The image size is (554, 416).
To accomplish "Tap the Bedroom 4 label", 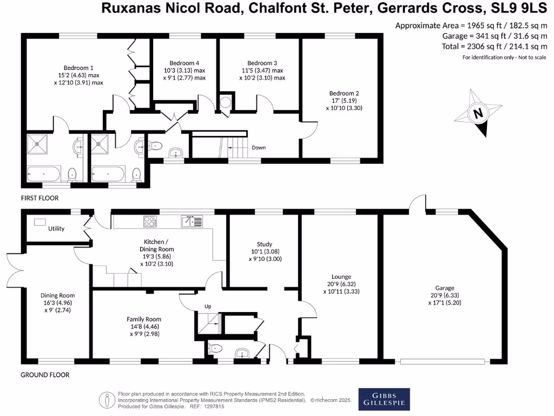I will pyautogui.click(x=184, y=63).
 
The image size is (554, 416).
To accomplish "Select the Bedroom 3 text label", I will pyautogui.click(x=262, y=63).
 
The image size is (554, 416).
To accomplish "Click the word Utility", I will pyautogui.click(x=56, y=229).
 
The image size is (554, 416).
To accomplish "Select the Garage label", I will pyautogui.click(x=445, y=288).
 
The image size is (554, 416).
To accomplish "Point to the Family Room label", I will pyautogui.click(x=144, y=319).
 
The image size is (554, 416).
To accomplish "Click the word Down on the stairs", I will pyautogui.click(x=259, y=147).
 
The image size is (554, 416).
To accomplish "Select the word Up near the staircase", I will pyautogui.click(x=207, y=306).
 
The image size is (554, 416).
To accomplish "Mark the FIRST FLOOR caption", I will pyautogui.click(x=39, y=198).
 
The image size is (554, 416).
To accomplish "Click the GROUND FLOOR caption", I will pyautogui.click(x=45, y=375).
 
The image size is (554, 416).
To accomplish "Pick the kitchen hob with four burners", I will pyautogui.click(x=150, y=221).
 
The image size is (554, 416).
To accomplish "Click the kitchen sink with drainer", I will pyautogui.click(x=192, y=221).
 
